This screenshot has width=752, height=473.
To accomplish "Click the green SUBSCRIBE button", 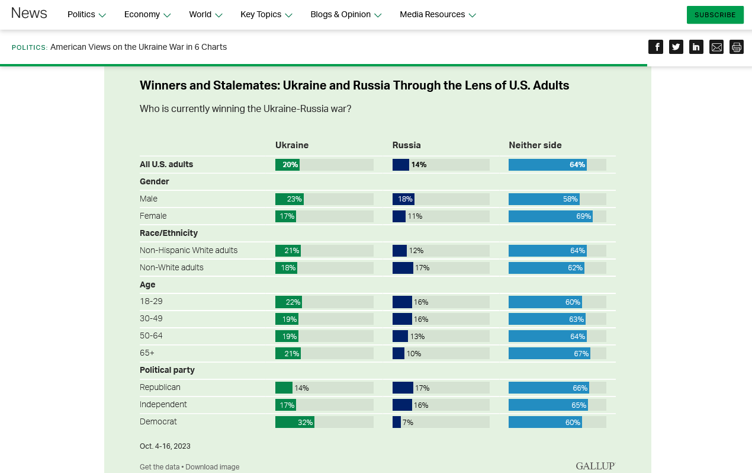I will click(x=715, y=15).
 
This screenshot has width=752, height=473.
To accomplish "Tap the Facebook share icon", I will click(x=655, y=47).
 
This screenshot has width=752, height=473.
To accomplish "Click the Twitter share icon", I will click(x=676, y=47).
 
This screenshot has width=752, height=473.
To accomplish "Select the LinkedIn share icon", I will click(x=696, y=47).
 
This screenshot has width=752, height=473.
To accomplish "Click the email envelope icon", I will click(x=716, y=47).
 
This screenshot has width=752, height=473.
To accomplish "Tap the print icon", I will click(x=737, y=47).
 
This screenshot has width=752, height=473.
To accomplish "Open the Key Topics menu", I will click(x=266, y=15).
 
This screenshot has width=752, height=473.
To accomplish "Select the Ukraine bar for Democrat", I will click(x=294, y=422).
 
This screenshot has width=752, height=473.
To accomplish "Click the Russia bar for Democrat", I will click(x=397, y=422).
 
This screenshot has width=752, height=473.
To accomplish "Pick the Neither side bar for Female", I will click(x=550, y=216).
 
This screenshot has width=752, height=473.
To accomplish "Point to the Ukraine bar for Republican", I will click(x=284, y=388).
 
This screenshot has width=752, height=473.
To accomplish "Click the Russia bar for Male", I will click(x=403, y=199).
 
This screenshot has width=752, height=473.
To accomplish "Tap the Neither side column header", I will click(x=535, y=145).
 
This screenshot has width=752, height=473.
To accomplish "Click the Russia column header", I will click(x=406, y=145).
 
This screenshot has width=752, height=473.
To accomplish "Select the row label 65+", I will click(x=147, y=353).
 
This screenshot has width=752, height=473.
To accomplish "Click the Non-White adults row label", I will click(x=172, y=267).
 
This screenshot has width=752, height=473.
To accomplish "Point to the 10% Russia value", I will click(x=414, y=354).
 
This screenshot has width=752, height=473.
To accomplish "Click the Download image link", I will click(x=213, y=467).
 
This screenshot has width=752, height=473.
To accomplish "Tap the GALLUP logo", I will click(x=595, y=466).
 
